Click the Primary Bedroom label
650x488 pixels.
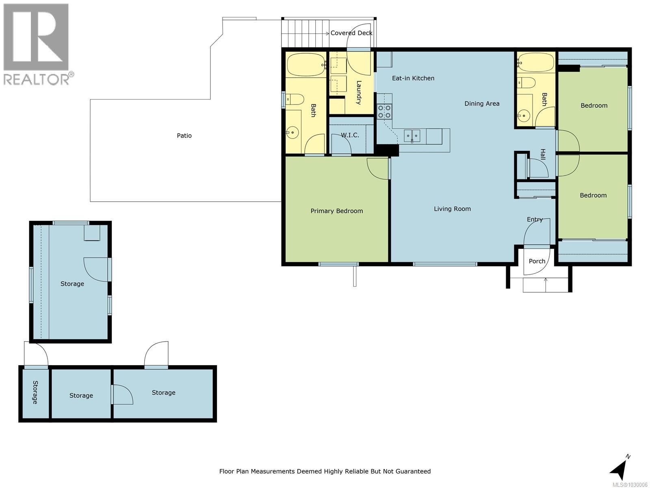[336, 211]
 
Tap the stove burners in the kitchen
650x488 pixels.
[384, 111]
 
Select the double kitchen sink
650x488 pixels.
[412, 135]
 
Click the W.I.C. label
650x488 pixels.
[350, 135]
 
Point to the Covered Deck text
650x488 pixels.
[351, 33]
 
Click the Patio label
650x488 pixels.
[184, 135]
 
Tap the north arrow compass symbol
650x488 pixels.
[619, 469]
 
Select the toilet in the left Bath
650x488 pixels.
[295, 99]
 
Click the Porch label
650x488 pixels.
[537, 261]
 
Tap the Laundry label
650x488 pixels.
[359, 93]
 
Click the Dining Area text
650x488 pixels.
[482, 104]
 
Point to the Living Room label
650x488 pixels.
[452, 209]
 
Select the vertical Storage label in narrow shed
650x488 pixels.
[35, 392]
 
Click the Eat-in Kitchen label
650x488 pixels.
[413, 78]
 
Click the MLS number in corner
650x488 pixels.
[629, 485]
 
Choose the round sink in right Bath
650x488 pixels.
[524, 116]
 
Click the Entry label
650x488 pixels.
[535, 220]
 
